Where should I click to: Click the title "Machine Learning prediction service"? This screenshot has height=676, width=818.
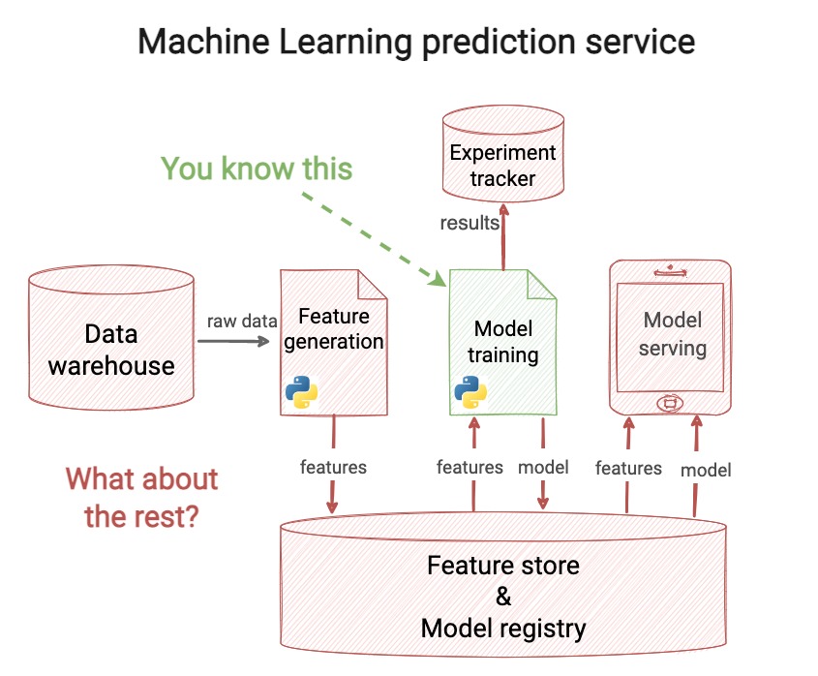tap(416, 42)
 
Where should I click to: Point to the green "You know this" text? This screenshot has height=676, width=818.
tap(257, 169)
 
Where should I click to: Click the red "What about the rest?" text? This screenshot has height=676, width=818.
tap(141, 497)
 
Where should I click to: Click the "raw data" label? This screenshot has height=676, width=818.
tap(242, 321)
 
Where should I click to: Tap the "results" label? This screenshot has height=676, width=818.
tap(470, 223)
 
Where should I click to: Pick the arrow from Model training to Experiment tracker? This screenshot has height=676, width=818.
tap(503, 237)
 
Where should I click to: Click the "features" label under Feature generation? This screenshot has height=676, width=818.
tap(333, 467)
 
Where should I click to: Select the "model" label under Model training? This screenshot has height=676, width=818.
tap(543, 467)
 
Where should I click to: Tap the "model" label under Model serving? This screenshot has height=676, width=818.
tap(706, 470)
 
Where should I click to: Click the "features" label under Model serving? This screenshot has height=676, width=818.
tap(628, 469)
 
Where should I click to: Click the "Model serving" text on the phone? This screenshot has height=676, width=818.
tap(673, 333)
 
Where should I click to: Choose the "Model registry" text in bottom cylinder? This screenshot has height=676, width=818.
tap(503, 628)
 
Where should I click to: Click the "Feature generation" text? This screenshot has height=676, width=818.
tap(334, 328)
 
